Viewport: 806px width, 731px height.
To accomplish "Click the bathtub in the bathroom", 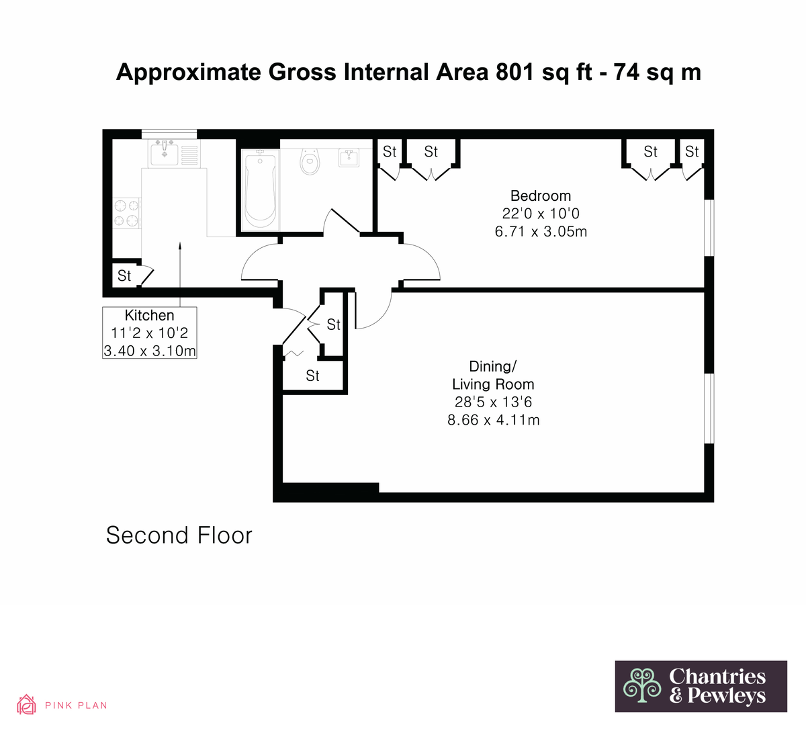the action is click(x=260, y=190).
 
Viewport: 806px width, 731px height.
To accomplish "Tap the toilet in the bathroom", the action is click(x=310, y=161).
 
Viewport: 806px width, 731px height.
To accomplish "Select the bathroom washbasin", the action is click(x=349, y=158).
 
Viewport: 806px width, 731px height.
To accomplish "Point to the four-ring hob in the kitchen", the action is click(x=126, y=213).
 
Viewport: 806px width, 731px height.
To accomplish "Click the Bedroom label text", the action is click(x=541, y=196).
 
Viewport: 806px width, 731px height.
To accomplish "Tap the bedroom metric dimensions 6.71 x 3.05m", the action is click(x=541, y=232).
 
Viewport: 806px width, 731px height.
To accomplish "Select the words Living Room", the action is click(x=493, y=384).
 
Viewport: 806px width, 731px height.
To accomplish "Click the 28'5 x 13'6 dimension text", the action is click(x=493, y=402).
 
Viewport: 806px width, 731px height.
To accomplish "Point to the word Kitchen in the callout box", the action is click(x=150, y=315).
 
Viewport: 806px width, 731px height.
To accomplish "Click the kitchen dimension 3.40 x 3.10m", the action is click(x=150, y=351).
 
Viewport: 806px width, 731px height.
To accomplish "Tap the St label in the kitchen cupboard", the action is click(x=124, y=276).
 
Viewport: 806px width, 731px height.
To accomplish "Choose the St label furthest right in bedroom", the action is click(x=692, y=152).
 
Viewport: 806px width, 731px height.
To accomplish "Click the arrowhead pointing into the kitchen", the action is click(x=180, y=245).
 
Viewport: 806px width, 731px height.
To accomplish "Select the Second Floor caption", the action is click(x=179, y=535).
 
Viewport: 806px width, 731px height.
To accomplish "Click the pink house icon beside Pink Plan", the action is click(x=26, y=705).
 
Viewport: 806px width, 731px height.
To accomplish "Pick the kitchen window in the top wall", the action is click(x=169, y=134).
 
